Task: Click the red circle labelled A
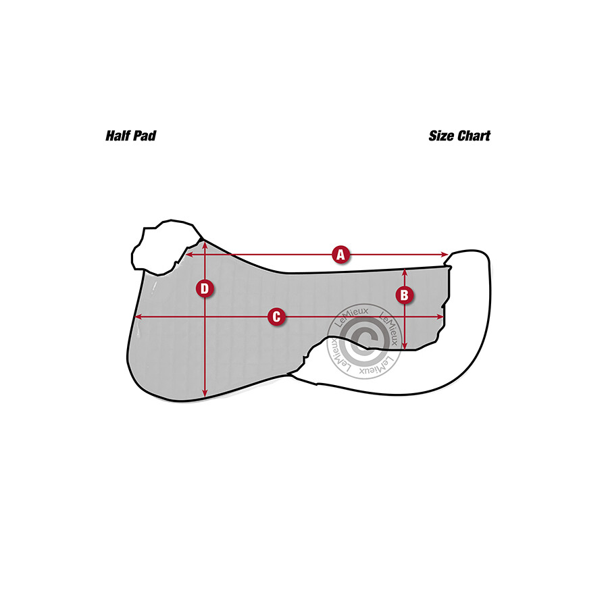click(341, 255)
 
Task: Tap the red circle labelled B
click(404, 295)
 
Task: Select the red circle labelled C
click(276, 317)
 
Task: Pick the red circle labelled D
click(205, 289)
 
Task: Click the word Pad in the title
click(145, 136)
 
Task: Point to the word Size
click(442, 136)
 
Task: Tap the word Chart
click(474, 136)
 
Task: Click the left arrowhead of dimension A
click(188, 255)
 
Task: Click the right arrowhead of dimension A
click(446, 255)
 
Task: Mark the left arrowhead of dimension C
click(138, 317)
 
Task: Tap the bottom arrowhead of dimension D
click(205, 395)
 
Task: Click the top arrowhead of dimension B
click(404, 272)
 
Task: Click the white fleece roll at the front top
click(162, 247)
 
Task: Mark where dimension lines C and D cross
click(205, 317)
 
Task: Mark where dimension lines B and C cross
click(404, 317)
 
